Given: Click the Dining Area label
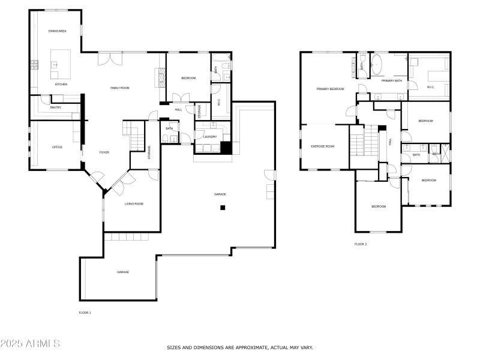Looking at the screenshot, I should [x=58, y=31].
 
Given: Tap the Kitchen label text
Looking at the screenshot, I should [x=61, y=85].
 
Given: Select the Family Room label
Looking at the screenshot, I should [x=119, y=88].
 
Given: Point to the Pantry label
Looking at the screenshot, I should [x=56, y=107].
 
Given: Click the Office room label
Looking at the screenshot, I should [x=57, y=147].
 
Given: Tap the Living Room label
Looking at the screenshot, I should [x=134, y=204].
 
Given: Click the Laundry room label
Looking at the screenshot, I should [x=210, y=137].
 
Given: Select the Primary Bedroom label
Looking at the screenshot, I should [x=330, y=89].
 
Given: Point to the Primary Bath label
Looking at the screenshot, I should [x=391, y=80].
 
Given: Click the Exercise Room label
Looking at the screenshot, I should [x=322, y=146].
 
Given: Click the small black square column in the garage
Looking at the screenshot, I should [x=223, y=208].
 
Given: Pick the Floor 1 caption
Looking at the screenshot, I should [x=85, y=313].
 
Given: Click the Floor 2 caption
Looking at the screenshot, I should [x=361, y=244].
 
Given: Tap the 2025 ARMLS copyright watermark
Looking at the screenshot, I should [x=30, y=344].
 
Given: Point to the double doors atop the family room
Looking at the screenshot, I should [x=111, y=59].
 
